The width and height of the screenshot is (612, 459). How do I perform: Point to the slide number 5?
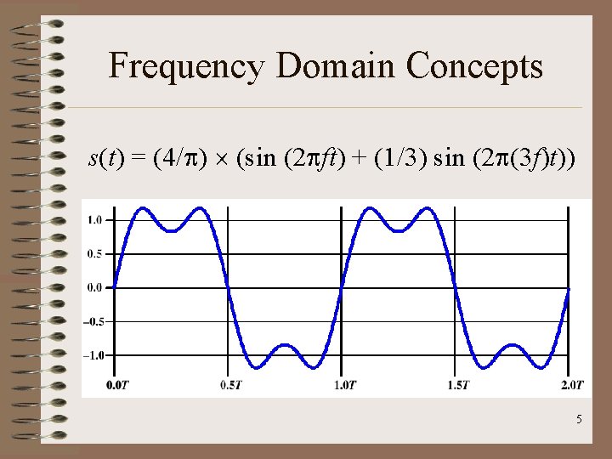579,420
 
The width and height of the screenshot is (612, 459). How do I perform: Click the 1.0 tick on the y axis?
94,220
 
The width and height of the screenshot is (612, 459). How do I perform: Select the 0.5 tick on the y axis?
94,253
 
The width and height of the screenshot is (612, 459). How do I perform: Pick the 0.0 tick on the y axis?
94,287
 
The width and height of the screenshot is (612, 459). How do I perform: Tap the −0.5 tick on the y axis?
93,321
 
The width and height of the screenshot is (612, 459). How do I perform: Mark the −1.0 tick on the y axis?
93,355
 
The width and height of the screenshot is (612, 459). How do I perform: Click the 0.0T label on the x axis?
117,386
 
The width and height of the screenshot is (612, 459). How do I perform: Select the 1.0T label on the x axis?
344,386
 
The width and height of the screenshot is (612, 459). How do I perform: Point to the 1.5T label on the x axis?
457,386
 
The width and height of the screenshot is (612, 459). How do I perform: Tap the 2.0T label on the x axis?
571,386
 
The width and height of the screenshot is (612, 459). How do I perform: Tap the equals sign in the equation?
137,159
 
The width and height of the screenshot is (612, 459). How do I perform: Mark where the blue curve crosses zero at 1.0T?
341,287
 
